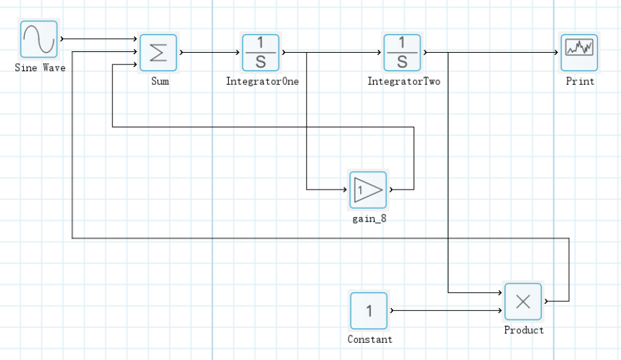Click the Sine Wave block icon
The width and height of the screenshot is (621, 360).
[x=38, y=39]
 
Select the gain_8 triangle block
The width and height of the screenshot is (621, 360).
[x=368, y=190]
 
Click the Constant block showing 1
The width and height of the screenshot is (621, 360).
[x=369, y=311]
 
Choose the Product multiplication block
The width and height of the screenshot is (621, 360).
[x=523, y=302]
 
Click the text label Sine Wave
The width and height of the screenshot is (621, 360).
[x=40, y=68]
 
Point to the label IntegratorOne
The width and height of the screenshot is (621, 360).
[x=262, y=81]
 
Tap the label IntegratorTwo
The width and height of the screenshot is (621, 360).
[x=404, y=81]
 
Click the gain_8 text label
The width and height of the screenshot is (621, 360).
[x=369, y=220]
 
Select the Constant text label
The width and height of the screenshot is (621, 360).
[x=370, y=339]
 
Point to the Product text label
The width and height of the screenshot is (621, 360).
[x=524, y=330]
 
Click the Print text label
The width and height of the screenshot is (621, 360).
[x=580, y=81]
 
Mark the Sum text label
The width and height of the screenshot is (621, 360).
[x=160, y=81]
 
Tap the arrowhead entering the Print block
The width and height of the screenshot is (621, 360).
[x=557, y=53]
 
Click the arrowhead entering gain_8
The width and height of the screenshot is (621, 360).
[x=345, y=189]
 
